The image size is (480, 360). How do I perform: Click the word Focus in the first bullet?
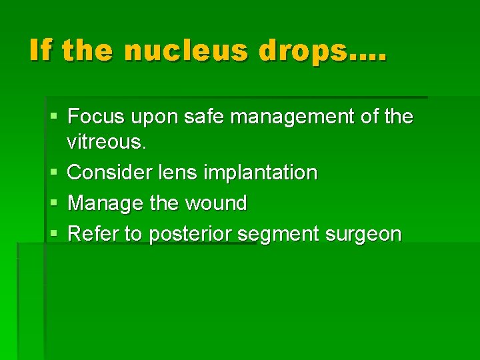(96, 117)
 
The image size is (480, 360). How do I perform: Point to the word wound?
(213, 203)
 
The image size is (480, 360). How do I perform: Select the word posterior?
(191, 235)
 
